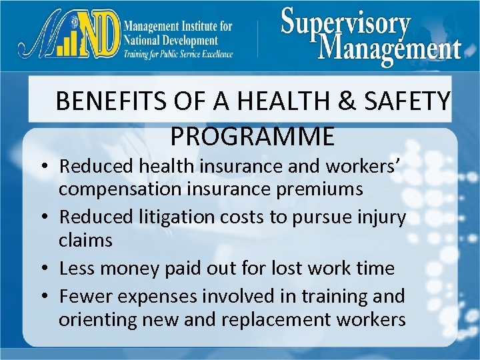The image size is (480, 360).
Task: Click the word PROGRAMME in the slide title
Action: coord(252,136)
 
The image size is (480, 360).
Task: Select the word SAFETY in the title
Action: coord(413,102)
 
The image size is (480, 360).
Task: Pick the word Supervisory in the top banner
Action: coord(345,23)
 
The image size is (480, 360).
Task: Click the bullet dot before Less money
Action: coord(50,269)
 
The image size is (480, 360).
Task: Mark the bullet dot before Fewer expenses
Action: coord(50,295)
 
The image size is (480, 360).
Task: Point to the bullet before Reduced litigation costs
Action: coord(50,217)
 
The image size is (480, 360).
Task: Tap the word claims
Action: coord(85,240)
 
